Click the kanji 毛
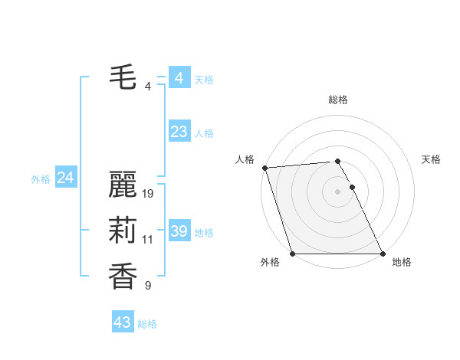123,77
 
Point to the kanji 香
123,277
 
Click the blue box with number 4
179,78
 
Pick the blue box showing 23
179,132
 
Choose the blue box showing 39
179,231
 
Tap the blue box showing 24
65,178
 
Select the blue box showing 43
122,322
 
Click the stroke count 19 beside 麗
149,193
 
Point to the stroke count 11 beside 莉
148,240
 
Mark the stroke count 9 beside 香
148,286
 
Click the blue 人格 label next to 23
204,133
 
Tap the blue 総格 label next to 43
147,324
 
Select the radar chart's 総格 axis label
337,100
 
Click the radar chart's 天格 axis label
432,159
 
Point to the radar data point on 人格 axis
264,168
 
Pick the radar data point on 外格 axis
292,254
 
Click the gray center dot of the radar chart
337,191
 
